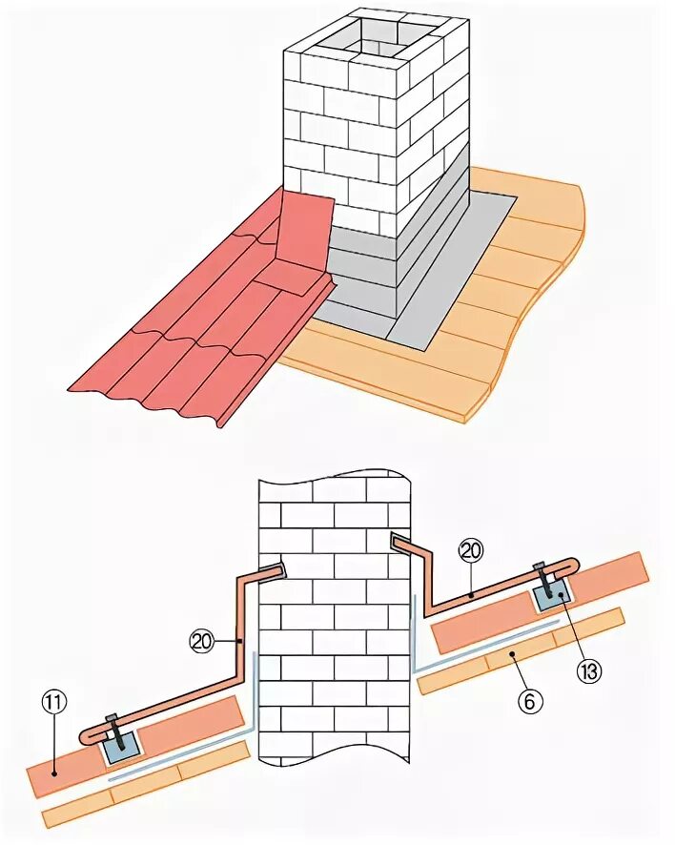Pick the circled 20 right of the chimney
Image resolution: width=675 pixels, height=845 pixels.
click(x=470, y=551)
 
